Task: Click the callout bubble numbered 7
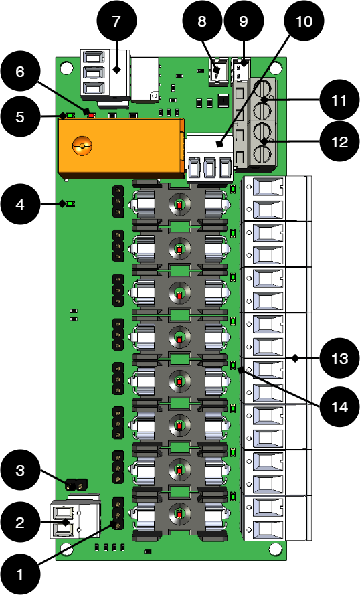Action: [116, 21]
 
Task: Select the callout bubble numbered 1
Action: [20, 574]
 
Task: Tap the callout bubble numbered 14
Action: [339, 407]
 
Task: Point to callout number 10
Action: [304, 21]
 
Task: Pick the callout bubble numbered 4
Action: [20, 205]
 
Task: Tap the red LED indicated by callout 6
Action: [92, 114]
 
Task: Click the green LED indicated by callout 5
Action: [70, 115]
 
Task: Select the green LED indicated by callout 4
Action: [70, 204]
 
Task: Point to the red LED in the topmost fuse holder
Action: [179, 205]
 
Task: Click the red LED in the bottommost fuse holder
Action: [179, 515]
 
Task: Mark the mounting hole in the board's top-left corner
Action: [67, 67]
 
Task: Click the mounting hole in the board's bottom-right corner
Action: [274, 549]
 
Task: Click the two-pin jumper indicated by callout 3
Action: [76, 485]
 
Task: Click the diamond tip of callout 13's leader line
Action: [295, 358]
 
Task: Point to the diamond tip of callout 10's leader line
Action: [219, 144]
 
